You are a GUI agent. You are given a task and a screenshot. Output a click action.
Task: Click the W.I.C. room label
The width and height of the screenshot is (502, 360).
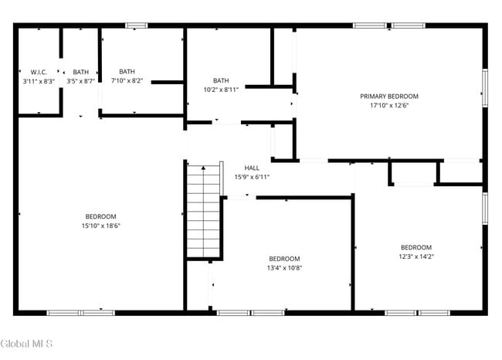click(39, 72)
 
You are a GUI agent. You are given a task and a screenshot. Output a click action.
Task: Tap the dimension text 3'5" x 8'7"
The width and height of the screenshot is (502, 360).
click(80, 80)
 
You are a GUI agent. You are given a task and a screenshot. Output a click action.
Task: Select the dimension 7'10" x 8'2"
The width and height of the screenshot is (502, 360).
click(127, 80)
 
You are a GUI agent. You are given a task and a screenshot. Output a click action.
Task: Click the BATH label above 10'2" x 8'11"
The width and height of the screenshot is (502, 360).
click(221, 80)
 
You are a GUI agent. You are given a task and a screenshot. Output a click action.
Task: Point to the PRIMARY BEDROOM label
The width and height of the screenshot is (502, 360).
click(389, 97)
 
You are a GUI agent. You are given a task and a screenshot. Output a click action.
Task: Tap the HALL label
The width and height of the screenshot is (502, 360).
click(252, 168)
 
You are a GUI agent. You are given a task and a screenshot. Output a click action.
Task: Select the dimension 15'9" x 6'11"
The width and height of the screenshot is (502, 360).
click(252, 177)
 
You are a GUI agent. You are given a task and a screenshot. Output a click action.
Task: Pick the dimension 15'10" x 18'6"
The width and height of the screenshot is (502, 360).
click(100, 226)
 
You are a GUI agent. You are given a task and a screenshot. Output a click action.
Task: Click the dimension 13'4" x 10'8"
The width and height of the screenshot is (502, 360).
click(284, 268)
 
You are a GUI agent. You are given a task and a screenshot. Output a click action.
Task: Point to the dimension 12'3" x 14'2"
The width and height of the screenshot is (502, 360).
click(416, 256)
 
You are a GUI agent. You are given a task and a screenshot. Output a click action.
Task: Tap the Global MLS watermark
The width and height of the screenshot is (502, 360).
click(27, 343)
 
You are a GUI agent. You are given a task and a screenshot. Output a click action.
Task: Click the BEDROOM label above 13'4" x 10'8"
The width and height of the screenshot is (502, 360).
click(284, 259)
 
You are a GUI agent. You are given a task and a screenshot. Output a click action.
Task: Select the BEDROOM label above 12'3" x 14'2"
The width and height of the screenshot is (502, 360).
click(416, 247)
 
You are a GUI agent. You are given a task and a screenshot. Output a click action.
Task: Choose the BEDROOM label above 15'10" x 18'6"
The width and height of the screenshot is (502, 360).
click(100, 216)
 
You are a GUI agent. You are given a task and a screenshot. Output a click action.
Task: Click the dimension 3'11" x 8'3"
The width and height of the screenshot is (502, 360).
click(39, 80)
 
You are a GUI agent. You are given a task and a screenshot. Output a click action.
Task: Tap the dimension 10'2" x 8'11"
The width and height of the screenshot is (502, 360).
click(221, 90)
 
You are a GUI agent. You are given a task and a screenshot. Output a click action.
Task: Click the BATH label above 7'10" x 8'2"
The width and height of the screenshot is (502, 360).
click(127, 72)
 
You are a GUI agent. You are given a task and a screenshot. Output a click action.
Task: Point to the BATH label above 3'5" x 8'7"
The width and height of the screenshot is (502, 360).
click(80, 72)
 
